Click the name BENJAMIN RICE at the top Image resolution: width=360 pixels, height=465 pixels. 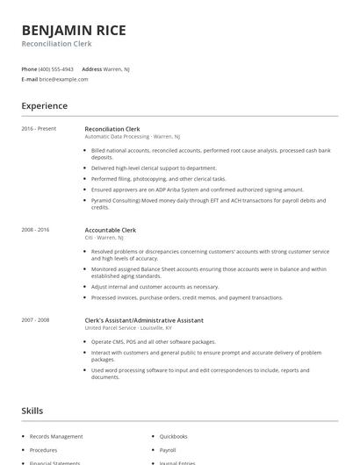click(74, 30)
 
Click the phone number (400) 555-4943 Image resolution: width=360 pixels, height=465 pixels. click(56, 68)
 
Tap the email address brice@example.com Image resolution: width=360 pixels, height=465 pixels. click(63, 79)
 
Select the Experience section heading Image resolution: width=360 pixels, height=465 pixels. click(44, 106)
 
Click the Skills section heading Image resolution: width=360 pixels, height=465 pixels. click(32, 411)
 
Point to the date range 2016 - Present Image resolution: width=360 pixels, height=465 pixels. click(39, 129)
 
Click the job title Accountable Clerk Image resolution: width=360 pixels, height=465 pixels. click(111, 230)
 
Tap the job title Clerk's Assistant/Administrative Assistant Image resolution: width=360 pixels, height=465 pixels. click(144, 320)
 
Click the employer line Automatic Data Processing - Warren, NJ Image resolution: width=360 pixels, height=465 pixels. click(133, 137)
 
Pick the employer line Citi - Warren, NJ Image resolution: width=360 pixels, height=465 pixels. click(104, 238)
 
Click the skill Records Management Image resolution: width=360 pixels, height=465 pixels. click(56, 436)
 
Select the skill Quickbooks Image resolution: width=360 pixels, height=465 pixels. click(174, 436)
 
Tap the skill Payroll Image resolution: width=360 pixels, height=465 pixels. click(168, 449)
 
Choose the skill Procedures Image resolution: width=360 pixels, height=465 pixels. click(44, 449)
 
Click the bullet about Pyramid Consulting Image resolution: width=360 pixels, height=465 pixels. click(209, 204)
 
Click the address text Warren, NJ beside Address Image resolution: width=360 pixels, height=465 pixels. click(118, 68)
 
